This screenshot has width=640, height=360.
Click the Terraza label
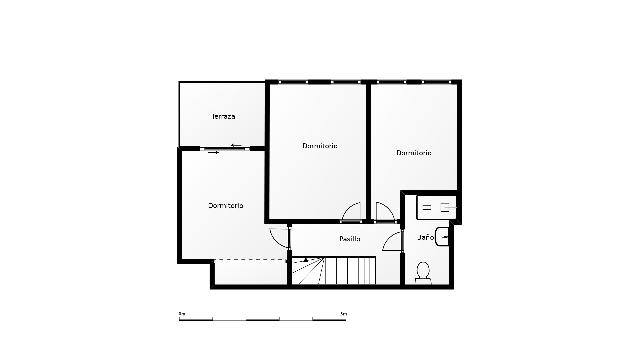pos(224,117)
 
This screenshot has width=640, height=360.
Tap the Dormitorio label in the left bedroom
pos(226,205)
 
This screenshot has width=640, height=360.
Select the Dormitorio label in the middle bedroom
pos(319,146)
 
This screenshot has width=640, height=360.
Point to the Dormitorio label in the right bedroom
pos(414,153)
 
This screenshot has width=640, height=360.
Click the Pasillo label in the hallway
pos(349,238)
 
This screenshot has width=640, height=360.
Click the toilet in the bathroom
pos(423,271)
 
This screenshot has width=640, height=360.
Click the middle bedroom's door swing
pos(353,212)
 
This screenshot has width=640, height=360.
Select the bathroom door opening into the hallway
pos(392,243)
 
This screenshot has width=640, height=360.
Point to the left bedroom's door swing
pos(278,238)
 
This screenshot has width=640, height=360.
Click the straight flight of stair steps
pos(354,271)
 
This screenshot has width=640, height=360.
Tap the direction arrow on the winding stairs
pos(305,261)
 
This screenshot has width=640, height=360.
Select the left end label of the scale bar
pos(182,313)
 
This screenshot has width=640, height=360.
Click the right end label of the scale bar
pos(343,313)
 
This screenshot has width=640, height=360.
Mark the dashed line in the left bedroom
pos(250,259)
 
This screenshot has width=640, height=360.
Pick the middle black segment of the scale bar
pos(262,319)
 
